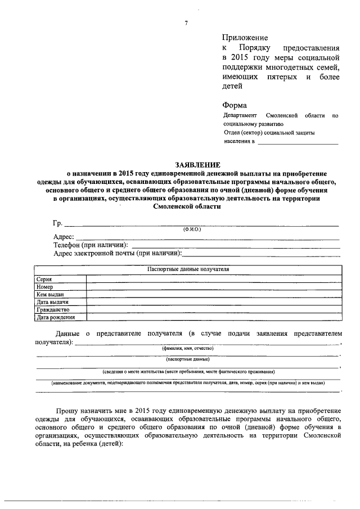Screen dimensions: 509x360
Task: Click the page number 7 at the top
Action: pyautogui.click(x=186, y=23)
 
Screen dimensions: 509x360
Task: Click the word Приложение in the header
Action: pyautogui.click(x=241, y=37)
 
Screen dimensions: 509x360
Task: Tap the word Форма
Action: pyautogui.click(x=234, y=105)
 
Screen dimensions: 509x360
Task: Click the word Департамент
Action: pyautogui.click(x=240, y=115)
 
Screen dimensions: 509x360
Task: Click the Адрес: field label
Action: pyautogui.click(x=64, y=237)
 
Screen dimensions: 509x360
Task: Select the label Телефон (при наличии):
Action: pyautogui.click(x=91, y=245)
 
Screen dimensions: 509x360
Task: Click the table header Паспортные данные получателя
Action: pyautogui.click(x=188, y=269)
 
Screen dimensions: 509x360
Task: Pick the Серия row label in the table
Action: pyautogui.click(x=44, y=278)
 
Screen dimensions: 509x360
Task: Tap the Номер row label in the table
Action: pyautogui.click(x=45, y=286)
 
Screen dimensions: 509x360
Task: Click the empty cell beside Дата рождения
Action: pyautogui.click(x=214, y=318)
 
